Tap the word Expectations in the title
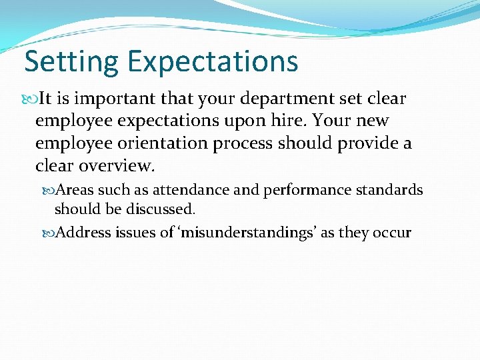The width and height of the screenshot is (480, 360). click(213, 62)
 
